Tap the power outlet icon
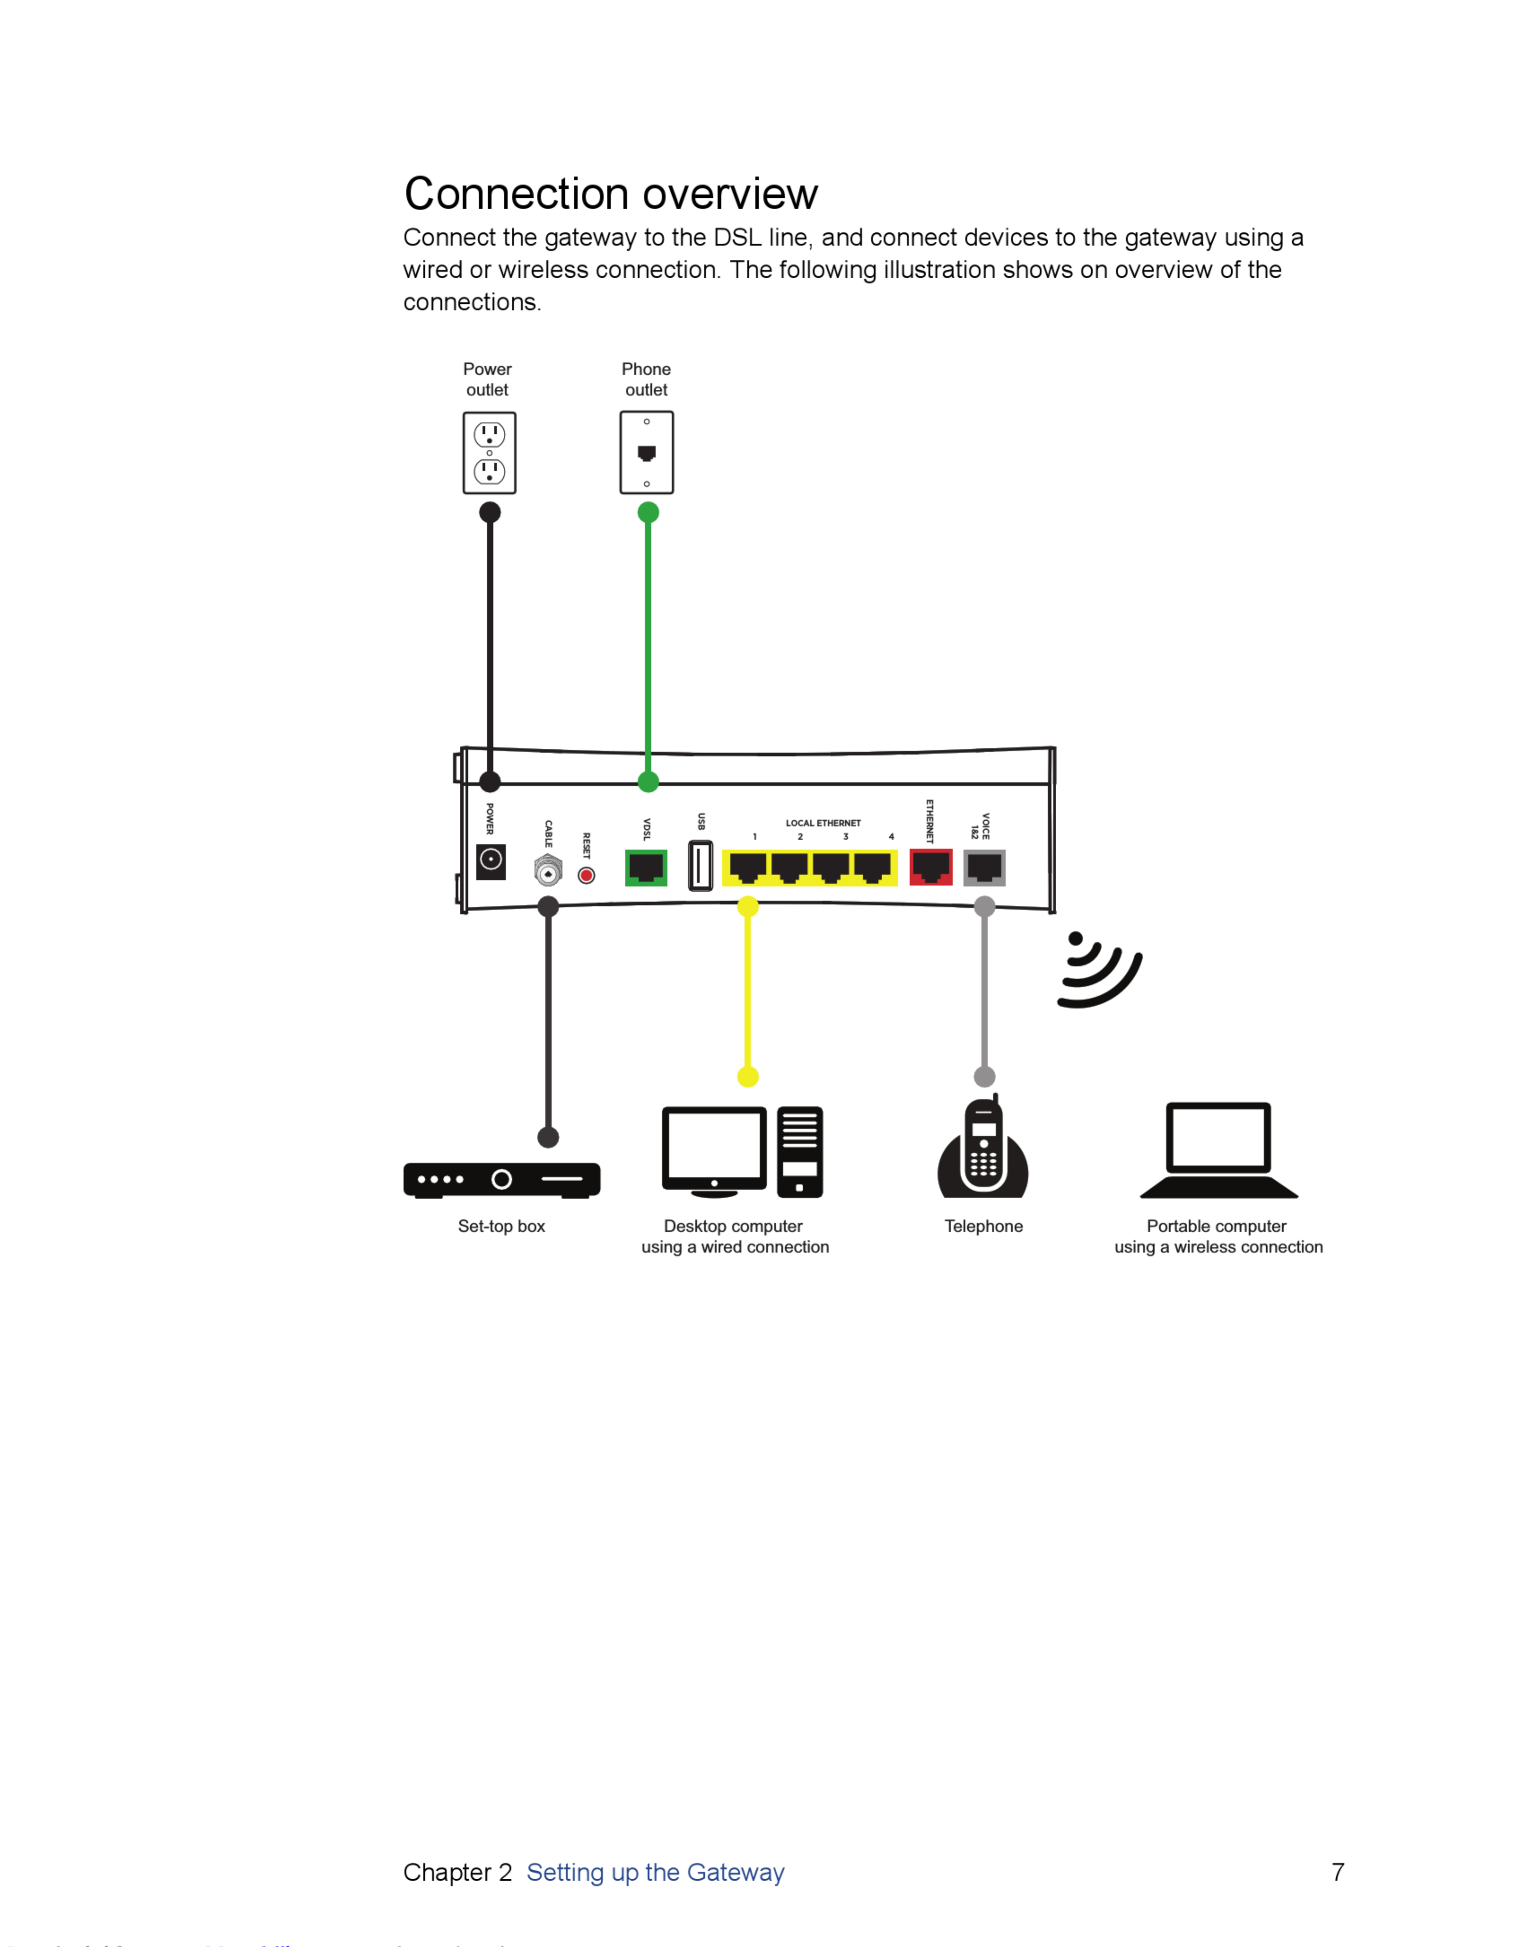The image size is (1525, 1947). (x=489, y=453)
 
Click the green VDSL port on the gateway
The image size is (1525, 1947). (x=646, y=867)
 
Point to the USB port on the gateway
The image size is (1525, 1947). (x=701, y=865)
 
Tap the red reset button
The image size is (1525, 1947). (x=587, y=875)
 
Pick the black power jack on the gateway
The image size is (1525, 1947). (x=491, y=861)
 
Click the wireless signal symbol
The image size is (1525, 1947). (x=1098, y=972)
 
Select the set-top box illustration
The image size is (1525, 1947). (x=502, y=1180)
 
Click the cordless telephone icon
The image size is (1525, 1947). (x=983, y=1149)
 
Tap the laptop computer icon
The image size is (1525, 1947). (x=1219, y=1150)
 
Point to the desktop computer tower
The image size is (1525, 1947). (x=800, y=1152)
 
